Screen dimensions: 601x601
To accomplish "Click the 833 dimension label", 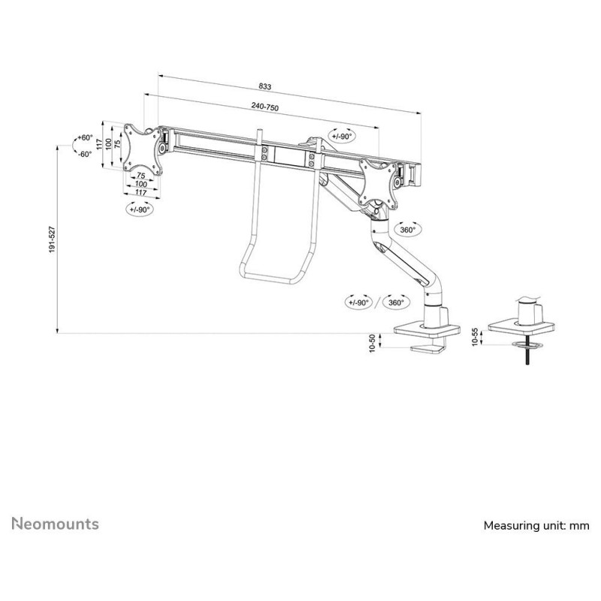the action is coord(265,86).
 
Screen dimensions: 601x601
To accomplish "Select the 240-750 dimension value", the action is coord(265,106).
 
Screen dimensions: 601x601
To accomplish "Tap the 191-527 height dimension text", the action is coord(52,240).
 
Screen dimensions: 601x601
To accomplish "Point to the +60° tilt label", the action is coord(85,137).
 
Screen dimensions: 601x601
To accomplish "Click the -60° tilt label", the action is coord(85,154).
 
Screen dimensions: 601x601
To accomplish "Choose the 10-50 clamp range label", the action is coord(372,343).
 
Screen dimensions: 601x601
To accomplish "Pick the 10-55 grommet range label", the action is coord(476,337).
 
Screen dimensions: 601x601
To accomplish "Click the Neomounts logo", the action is coord(55,524).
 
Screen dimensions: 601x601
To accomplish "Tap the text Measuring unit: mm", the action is coord(536,525).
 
